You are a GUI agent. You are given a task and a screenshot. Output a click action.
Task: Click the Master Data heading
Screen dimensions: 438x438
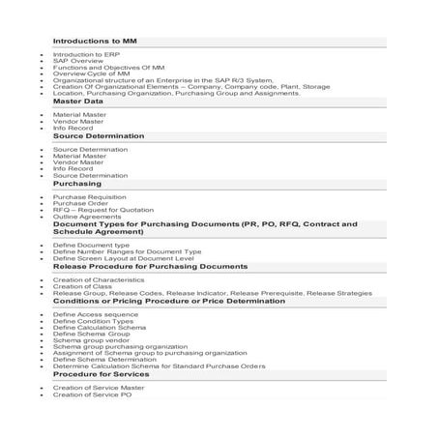(78, 101)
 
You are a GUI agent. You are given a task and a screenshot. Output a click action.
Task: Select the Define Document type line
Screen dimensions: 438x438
(91, 246)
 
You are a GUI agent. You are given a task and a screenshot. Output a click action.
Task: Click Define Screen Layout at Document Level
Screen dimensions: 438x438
(124, 259)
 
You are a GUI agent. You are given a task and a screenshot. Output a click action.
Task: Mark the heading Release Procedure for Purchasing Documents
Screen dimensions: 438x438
(150, 266)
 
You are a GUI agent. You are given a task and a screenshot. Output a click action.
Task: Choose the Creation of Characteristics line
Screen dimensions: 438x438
(102, 279)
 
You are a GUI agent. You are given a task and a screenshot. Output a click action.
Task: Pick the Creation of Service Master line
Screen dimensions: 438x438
(99, 388)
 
